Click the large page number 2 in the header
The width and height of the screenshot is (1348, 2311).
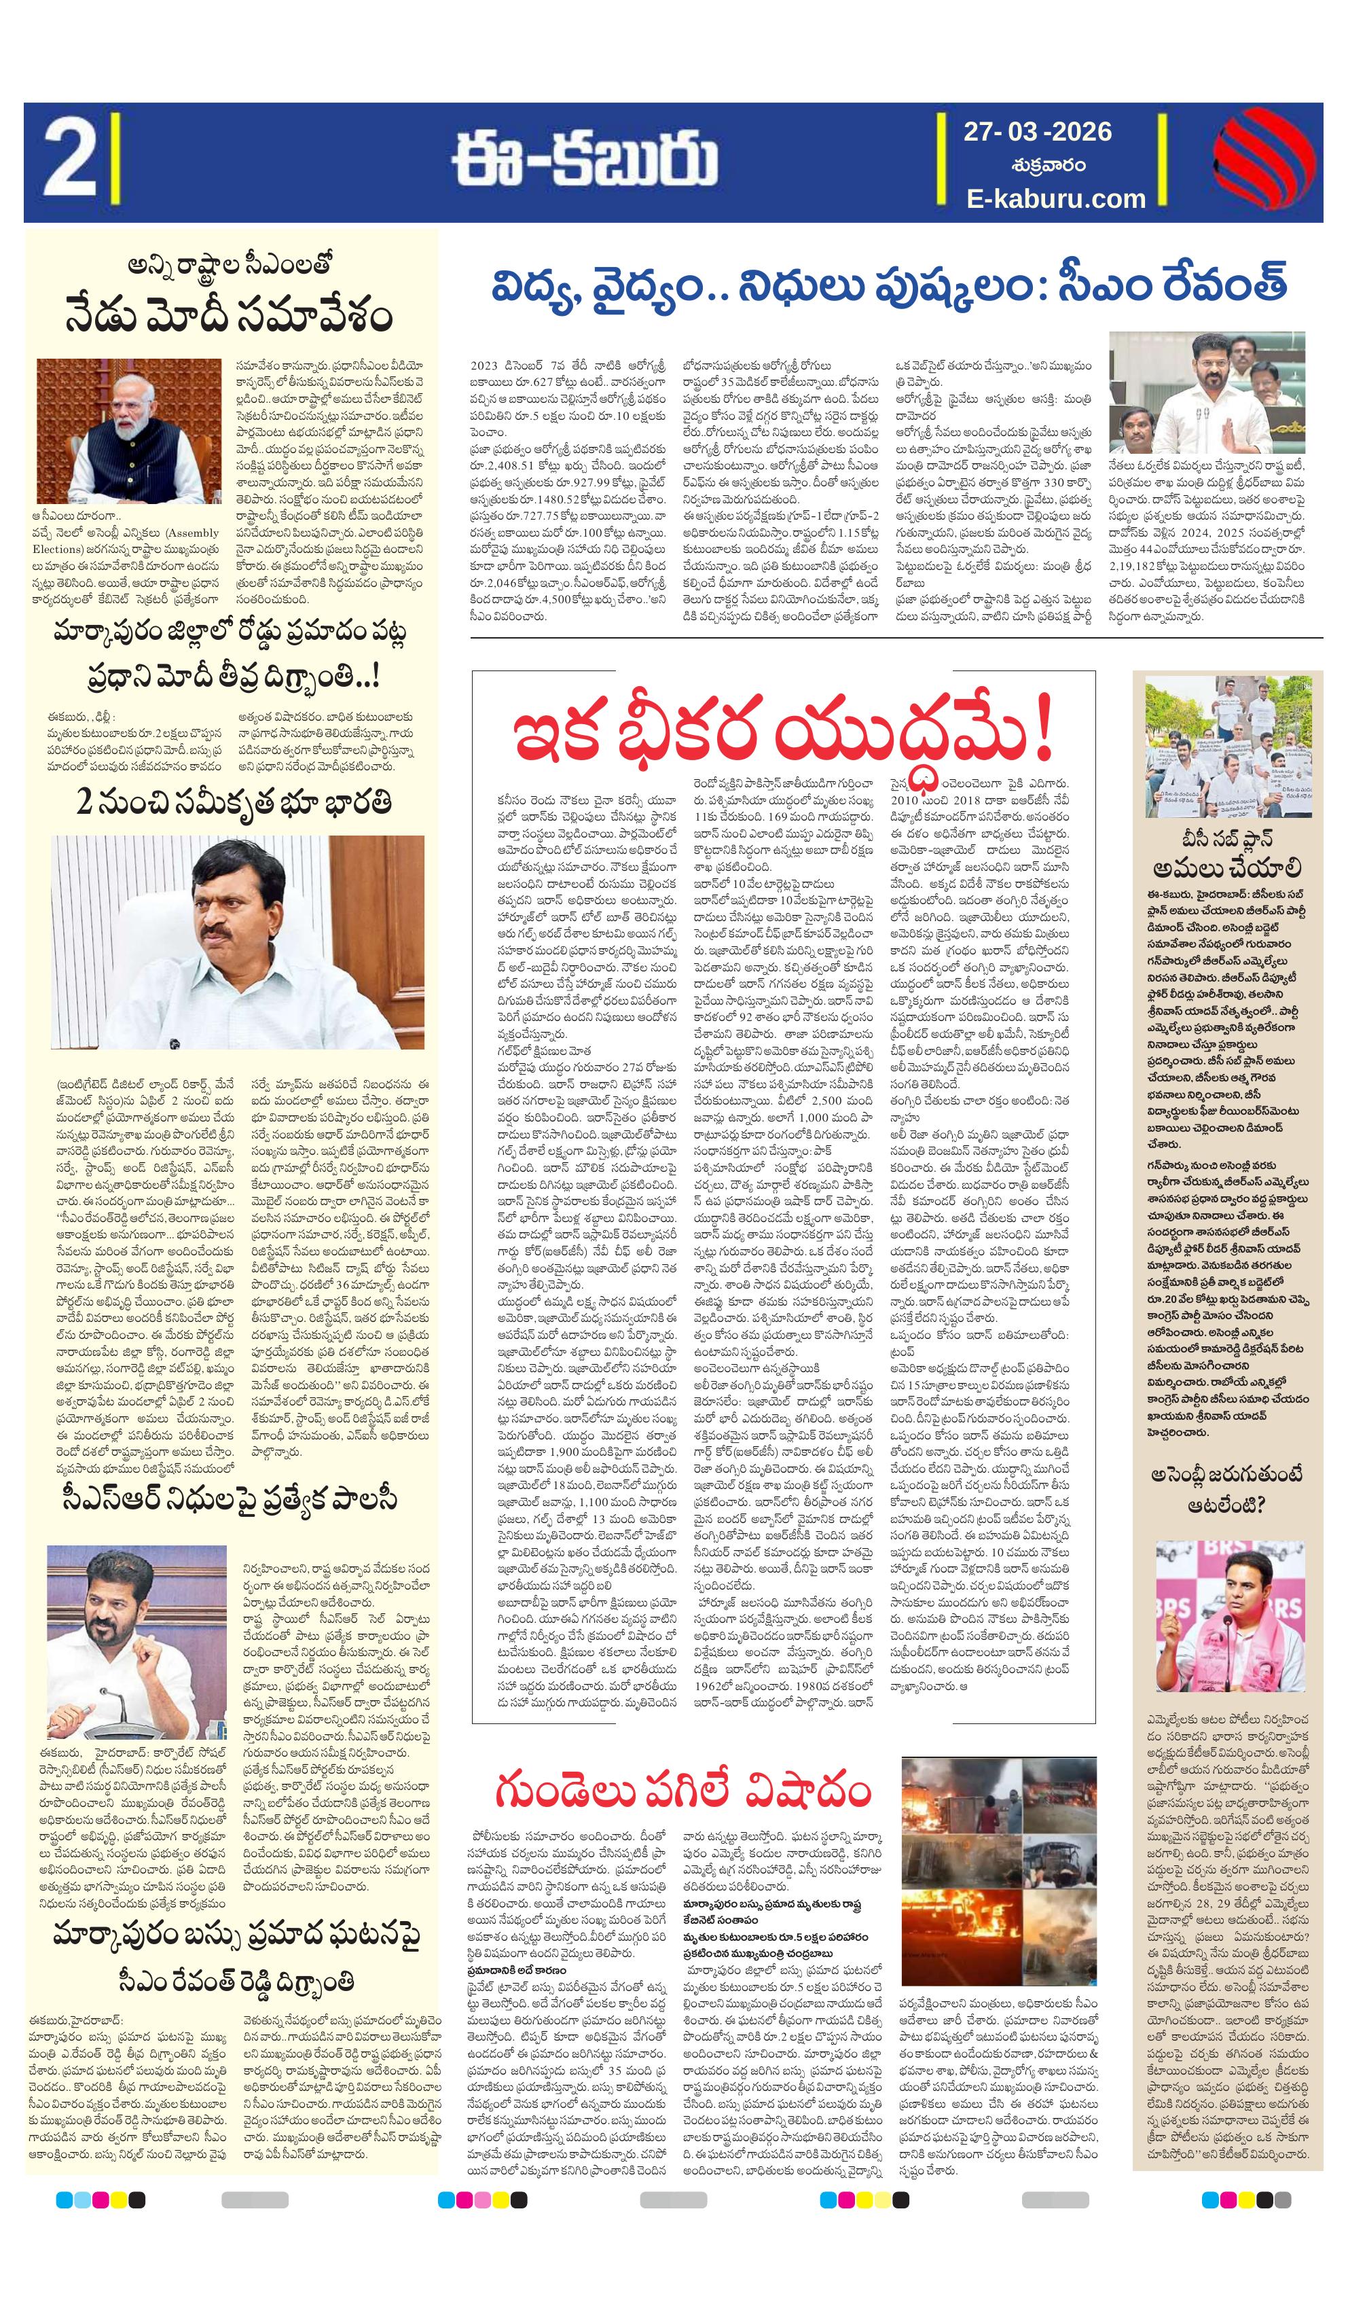(x=69, y=162)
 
